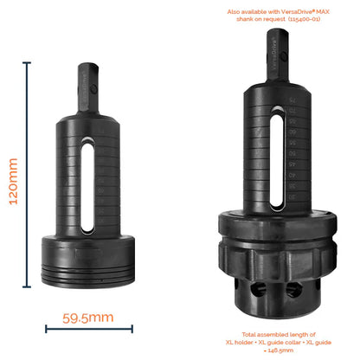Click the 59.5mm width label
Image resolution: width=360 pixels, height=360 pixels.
[88, 318]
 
